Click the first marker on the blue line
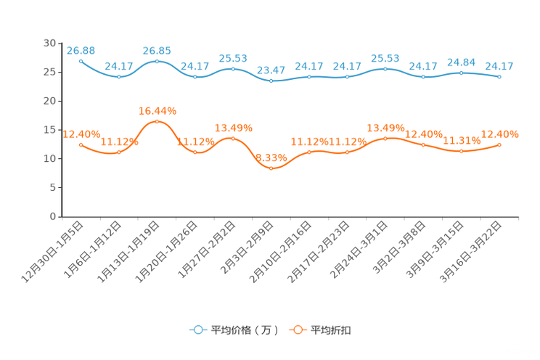click(x=81, y=61)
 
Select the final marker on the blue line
click(x=500, y=76)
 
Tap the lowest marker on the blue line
click(x=271, y=81)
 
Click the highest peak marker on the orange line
click(x=157, y=121)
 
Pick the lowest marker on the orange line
click(x=271, y=168)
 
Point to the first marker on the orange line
click(x=81, y=144)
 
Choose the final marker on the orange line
click(x=500, y=144)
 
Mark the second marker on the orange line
click(x=119, y=152)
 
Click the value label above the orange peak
click(x=157, y=111)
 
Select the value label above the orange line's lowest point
click(x=271, y=157)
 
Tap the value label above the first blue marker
click(x=81, y=50)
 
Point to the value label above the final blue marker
click(x=499, y=66)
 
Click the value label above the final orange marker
click(x=500, y=134)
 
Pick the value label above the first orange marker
click(x=81, y=134)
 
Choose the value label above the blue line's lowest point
click(x=271, y=70)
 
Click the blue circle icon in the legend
click(x=197, y=330)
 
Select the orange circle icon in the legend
click(x=297, y=330)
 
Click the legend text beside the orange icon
click(x=331, y=330)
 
